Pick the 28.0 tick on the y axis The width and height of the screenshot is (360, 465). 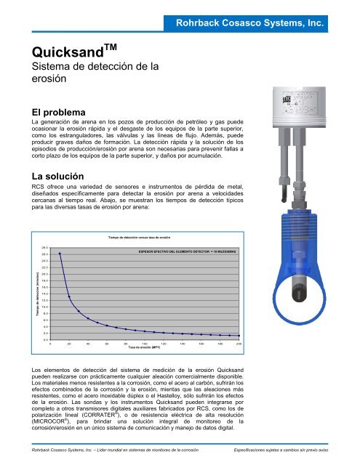[45, 248]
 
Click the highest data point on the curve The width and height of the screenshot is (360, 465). [60, 254]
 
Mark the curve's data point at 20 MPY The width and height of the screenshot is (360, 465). [69, 296]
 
